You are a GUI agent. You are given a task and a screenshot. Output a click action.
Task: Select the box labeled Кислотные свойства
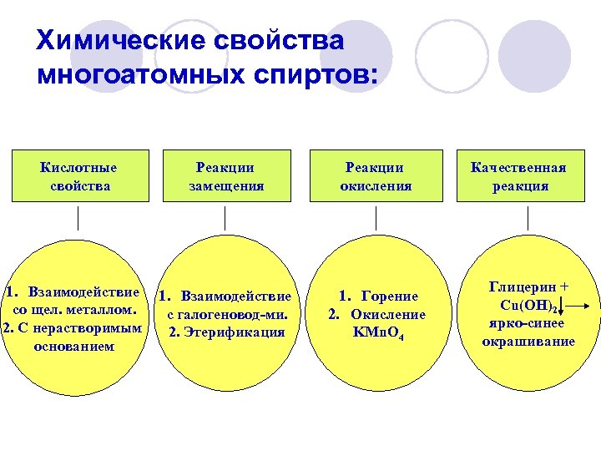coord(79,176)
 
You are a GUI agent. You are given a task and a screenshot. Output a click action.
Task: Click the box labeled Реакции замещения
coord(225,176)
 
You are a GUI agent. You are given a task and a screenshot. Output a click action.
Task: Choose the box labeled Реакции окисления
coord(376,176)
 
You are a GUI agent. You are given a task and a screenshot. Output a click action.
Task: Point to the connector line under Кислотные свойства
coord(78,219)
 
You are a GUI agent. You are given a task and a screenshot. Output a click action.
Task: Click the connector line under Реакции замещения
coord(225,219)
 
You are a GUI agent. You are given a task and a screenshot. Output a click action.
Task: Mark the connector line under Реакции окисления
coord(376,219)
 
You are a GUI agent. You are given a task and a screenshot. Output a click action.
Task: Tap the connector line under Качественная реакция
coord(528,219)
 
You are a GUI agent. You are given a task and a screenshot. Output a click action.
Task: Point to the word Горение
coord(390,296)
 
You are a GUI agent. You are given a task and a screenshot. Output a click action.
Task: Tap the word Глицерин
coord(523,286)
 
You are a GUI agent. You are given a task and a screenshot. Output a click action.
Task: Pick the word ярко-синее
coord(528,323)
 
